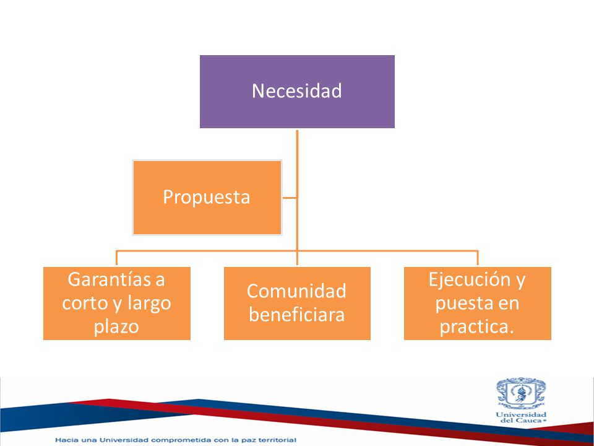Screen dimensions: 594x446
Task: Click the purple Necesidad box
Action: click(x=297, y=92)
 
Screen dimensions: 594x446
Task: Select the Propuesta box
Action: click(x=207, y=198)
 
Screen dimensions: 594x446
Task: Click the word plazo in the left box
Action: click(x=116, y=326)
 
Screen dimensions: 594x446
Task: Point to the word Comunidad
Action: click(x=296, y=291)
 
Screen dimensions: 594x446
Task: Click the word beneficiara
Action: click(x=296, y=315)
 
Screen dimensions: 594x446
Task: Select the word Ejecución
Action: click(x=469, y=280)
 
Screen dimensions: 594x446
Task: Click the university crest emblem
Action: click(x=521, y=393)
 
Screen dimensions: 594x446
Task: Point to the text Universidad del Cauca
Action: click(x=521, y=417)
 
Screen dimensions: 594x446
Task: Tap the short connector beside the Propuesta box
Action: click(x=290, y=198)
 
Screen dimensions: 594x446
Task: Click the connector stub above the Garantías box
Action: click(x=117, y=258)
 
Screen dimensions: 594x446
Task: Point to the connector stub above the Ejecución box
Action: click(x=478, y=258)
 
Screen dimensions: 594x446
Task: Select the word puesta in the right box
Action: click(x=460, y=304)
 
